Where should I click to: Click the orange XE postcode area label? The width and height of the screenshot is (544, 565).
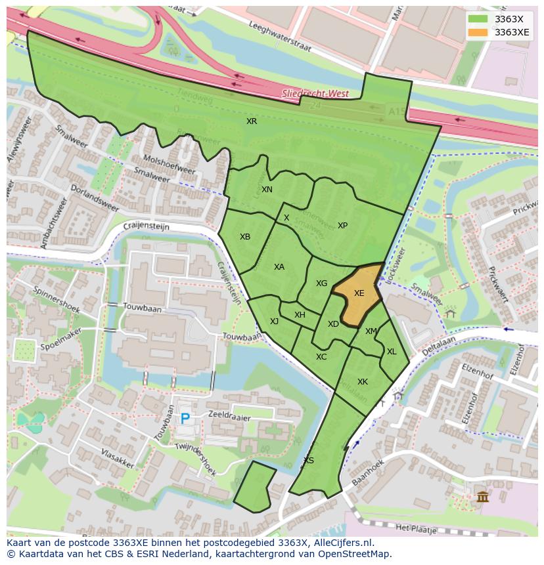(359, 293)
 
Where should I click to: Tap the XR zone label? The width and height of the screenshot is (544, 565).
(252, 121)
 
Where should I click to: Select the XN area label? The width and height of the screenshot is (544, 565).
(267, 190)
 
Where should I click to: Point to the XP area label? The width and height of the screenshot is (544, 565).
(342, 226)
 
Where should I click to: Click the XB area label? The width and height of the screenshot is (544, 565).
(245, 237)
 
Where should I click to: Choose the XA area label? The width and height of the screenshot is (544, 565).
(279, 267)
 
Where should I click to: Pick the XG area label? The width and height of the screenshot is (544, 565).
(321, 283)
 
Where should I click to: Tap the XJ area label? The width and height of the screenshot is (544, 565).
(274, 322)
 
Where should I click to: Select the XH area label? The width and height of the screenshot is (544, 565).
(300, 315)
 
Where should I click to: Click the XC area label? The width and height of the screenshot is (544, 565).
(321, 357)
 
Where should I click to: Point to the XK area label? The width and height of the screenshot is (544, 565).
(363, 382)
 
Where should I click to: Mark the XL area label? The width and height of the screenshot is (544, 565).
(392, 352)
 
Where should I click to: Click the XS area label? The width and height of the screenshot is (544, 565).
(309, 461)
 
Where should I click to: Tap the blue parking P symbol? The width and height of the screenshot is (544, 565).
(185, 418)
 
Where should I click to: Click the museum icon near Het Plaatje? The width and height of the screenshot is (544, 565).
(483, 497)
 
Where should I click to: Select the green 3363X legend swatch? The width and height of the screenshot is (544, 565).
(478, 19)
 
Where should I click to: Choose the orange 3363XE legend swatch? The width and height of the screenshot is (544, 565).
(478, 32)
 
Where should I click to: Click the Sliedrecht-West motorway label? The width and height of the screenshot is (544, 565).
(315, 94)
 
